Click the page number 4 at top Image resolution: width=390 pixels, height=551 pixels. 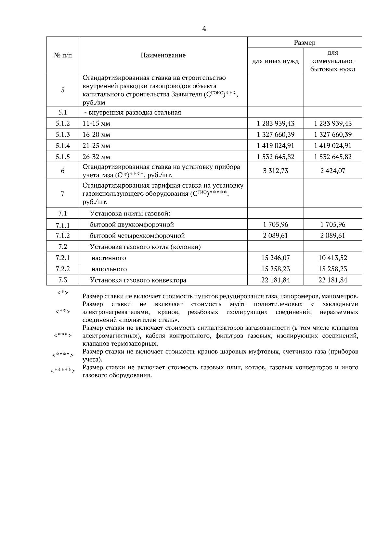[204, 29]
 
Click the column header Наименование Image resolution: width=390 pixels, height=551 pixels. [163, 55]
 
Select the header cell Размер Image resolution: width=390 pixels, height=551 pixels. [304, 43]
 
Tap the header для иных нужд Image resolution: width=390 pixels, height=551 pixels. [275, 61]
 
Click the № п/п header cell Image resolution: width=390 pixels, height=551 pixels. [62, 55]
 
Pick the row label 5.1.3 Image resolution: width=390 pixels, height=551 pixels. [62, 134]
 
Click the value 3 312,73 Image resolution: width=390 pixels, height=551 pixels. [275, 171]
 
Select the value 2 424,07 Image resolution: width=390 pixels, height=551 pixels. [332, 171]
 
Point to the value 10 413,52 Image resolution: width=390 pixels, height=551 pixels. [332, 258]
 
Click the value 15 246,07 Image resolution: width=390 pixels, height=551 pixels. [275, 258]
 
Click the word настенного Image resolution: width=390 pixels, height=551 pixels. [109, 258]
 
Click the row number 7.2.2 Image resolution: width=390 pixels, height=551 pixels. [62, 269]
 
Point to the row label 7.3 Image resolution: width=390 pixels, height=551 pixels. [62, 280]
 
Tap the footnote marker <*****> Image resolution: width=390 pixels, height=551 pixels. [63, 371]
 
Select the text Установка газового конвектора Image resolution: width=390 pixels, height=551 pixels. [138, 280]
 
